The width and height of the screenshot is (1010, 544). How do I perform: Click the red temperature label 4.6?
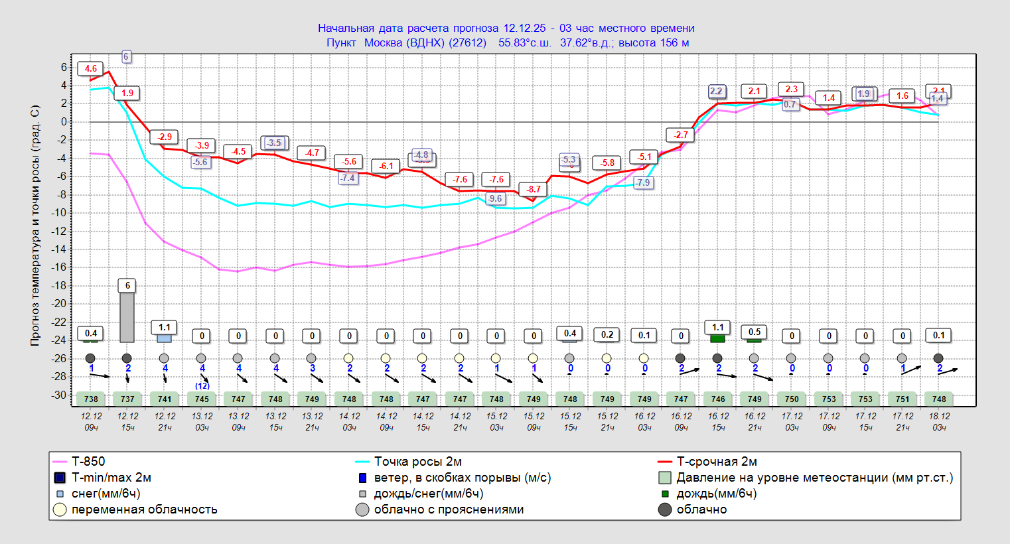91,68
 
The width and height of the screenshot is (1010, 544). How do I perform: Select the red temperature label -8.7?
534,189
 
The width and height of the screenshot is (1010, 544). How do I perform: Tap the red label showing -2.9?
165,137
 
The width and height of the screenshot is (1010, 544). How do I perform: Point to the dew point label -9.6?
495,198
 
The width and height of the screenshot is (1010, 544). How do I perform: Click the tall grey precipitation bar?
127,317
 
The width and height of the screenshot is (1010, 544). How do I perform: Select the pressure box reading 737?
127,399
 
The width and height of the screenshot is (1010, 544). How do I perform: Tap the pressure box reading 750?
792,399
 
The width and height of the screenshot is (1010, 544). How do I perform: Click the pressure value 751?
902,399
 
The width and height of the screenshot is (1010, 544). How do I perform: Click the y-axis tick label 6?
64,67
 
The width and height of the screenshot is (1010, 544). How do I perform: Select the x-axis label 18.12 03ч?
939,422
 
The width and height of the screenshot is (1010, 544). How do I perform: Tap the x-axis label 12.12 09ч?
92,422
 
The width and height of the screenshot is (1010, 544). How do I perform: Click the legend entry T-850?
88,462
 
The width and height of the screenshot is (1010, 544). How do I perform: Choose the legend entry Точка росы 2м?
417,462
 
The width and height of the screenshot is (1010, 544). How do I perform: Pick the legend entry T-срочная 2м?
716,462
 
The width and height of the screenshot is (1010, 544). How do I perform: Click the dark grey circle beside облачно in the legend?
665,510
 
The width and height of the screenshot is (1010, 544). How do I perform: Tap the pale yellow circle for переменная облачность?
60,510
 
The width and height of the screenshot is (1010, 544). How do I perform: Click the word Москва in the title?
383,42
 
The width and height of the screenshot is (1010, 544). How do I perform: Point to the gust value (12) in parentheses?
202,385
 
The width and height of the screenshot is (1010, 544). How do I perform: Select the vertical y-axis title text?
35,226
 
